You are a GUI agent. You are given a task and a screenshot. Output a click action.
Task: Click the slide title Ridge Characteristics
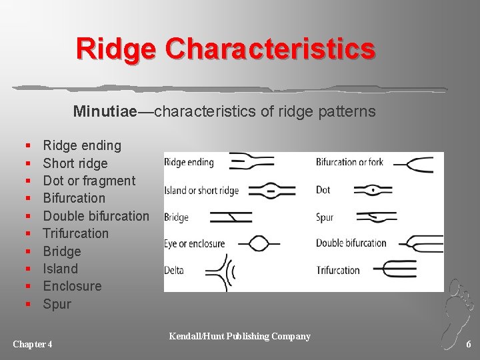(225, 49)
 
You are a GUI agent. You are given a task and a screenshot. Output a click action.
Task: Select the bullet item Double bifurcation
(96, 216)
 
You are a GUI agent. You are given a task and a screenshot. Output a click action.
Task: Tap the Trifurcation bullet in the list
(75, 233)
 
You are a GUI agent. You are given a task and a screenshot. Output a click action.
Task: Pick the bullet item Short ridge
(75, 163)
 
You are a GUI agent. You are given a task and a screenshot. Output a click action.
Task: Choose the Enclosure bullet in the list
(72, 286)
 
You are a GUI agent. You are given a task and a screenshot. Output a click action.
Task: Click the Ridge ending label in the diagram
(189, 162)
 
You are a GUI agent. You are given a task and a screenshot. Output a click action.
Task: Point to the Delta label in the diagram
(174, 270)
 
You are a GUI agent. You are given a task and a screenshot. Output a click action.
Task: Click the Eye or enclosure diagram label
(195, 243)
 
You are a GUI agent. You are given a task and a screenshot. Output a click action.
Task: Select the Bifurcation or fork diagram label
(349, 162)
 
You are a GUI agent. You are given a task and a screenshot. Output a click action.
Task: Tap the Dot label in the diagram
(323, 190)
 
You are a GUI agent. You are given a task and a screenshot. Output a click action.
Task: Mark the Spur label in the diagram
(324, 217)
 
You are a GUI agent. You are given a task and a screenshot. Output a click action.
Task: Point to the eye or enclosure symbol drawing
(258, 243)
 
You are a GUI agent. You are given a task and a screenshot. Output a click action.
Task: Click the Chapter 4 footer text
(33, 344)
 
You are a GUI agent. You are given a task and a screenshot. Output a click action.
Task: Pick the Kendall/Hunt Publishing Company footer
(239, 336)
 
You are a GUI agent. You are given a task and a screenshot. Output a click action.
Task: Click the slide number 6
(469, 344)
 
